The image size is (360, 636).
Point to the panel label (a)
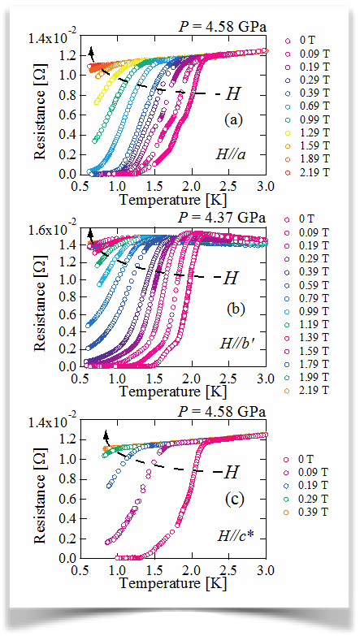point(233,119)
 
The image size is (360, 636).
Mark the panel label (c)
point(234,500)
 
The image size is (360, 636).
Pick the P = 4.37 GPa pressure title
point(222,218)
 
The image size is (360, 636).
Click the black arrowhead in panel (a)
point(91,52)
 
